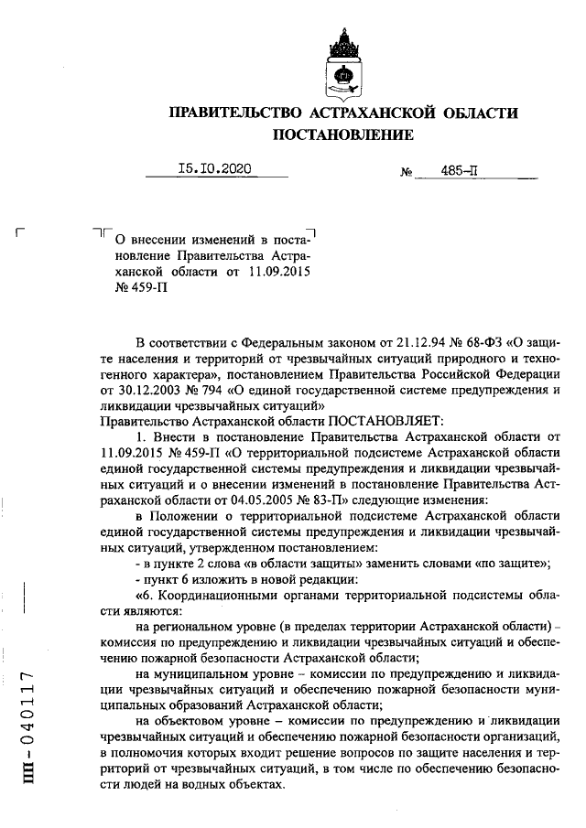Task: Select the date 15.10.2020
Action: (x=214, y=168)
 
